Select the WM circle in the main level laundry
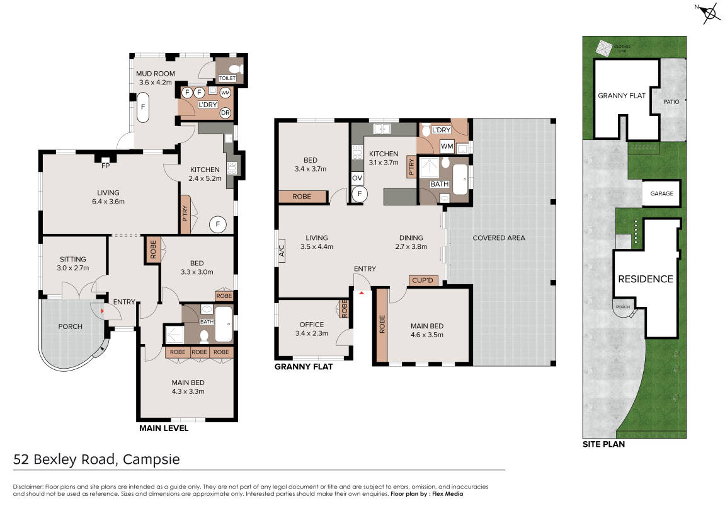[225, 93]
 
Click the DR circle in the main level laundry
[225, 112]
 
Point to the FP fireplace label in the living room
[105, 165]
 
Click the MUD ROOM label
[156, 74]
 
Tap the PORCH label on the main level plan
[71, 326]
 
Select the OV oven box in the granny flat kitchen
[357, 178]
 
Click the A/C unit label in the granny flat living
[282, 251]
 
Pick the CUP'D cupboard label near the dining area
[423, 280]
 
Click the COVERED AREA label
[499, 238]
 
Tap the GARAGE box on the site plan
[661, 193]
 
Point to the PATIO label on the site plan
[671, 101]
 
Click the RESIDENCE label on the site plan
[646, 279]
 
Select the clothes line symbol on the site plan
[603, 48]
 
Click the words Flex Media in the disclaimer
[447, 494]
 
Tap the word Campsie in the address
[151, 459]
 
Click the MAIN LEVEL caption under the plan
[164, 429]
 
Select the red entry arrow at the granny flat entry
[362, 293]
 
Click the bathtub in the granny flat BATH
[460, 180]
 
